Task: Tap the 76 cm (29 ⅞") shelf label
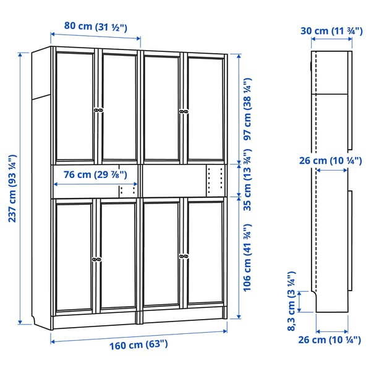pos(90,174)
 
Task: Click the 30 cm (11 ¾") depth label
pos(331,31)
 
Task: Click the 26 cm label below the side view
pos(331,339)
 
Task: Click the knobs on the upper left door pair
pos(97,110)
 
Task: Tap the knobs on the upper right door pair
pos(183,111)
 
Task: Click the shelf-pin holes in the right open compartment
pos(215,179)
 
